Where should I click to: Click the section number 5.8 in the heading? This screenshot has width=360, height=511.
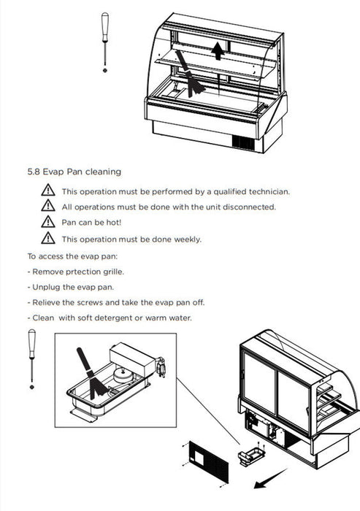point(34,172)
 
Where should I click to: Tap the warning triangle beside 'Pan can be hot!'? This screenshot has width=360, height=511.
point(48,222)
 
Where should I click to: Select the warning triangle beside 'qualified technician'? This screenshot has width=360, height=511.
point(48,190)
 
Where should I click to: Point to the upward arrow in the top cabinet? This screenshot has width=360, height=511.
point(218,52)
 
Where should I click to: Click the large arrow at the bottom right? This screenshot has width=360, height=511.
point(270,479)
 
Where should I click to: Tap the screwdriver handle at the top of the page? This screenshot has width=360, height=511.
point(104,28)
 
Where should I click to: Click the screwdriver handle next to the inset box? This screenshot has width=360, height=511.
point(31,344)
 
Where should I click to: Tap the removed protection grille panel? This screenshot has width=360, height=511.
point(209,462)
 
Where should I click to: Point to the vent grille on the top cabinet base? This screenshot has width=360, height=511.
point(243,142)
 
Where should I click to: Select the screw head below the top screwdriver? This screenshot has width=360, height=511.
point(105,70)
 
